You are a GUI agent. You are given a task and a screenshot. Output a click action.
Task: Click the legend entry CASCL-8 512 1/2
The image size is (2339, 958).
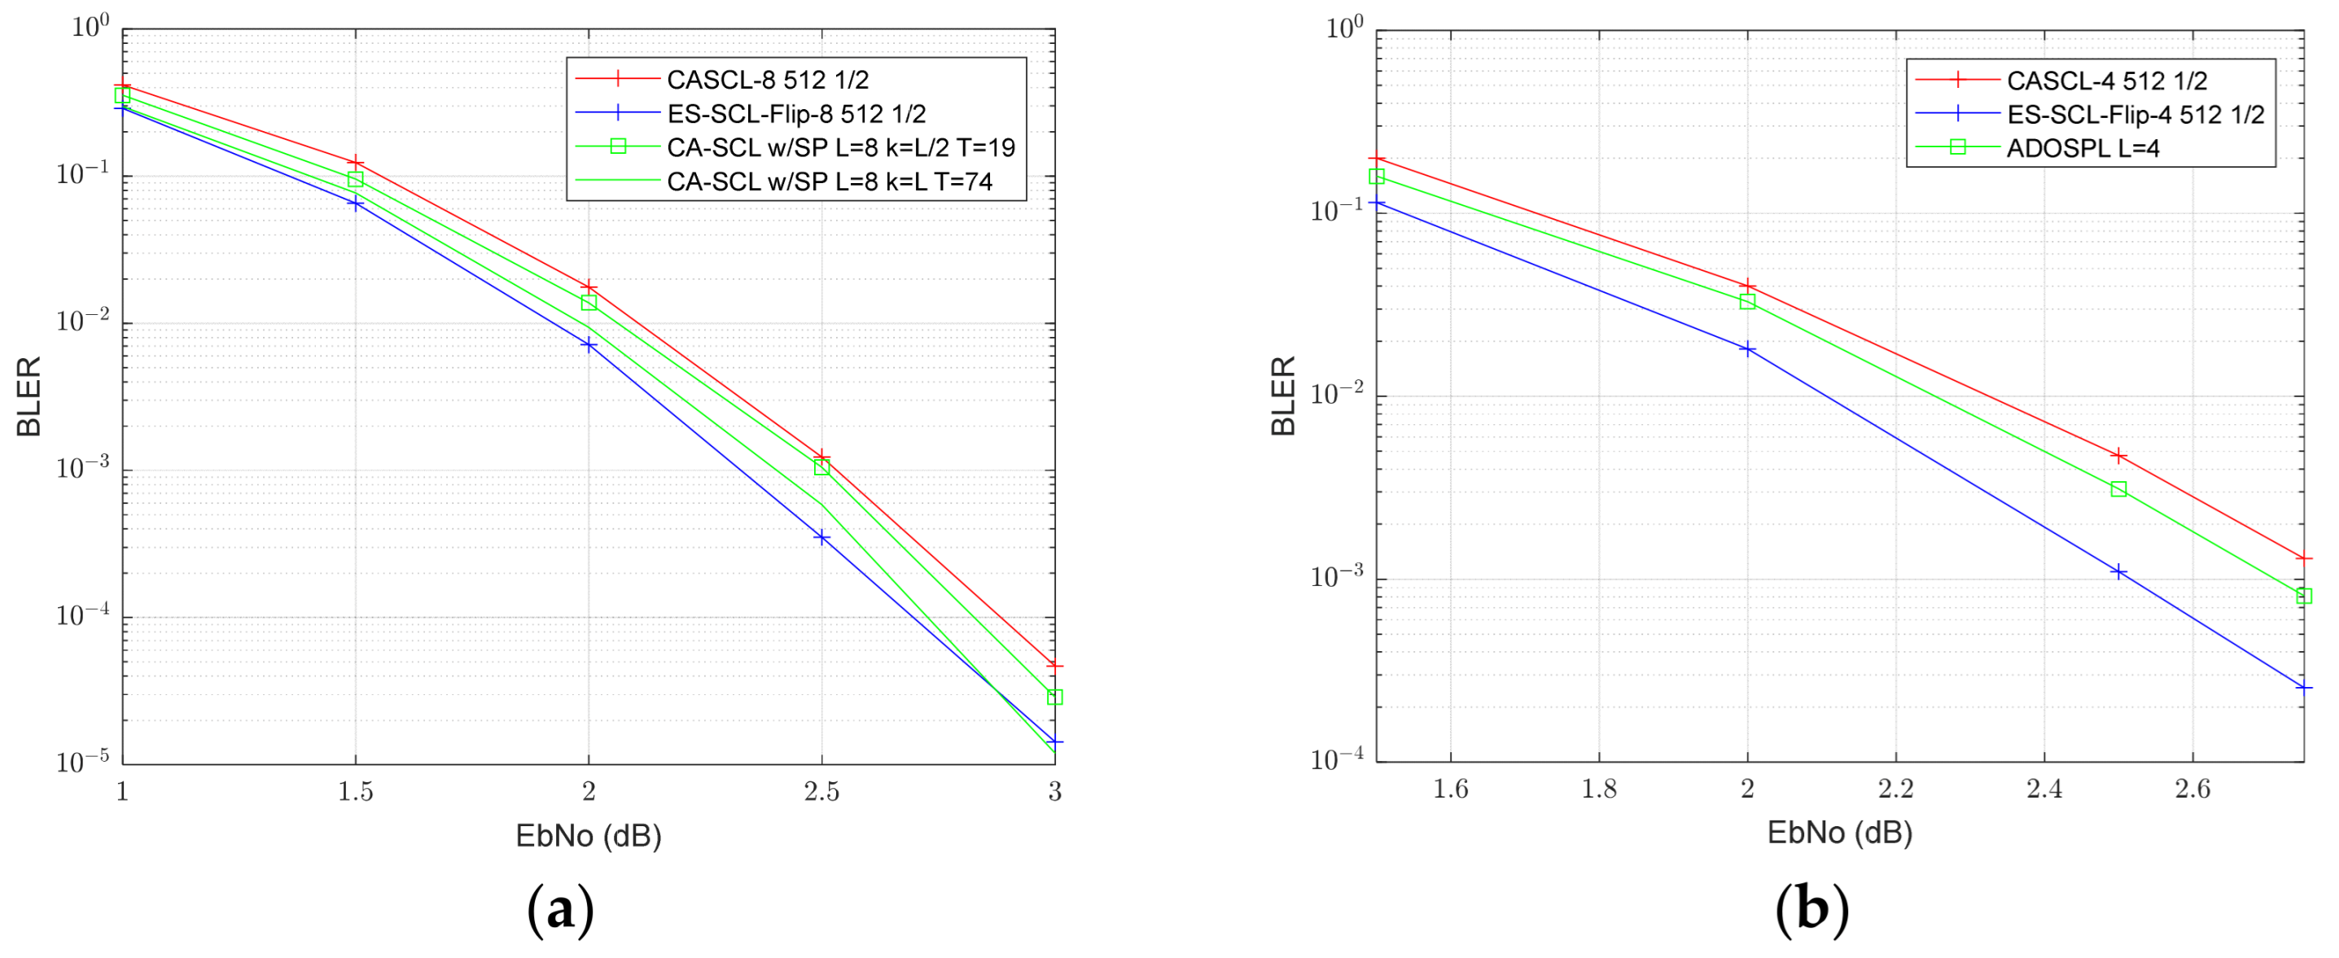[x=767, y=80]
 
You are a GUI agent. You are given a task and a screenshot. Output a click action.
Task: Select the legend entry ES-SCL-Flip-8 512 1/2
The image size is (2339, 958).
[x=795, y=113]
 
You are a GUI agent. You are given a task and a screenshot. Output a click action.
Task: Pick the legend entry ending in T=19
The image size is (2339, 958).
[x=840, y=147]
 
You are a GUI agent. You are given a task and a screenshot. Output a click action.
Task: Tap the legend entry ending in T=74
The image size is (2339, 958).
[x=829, y=182]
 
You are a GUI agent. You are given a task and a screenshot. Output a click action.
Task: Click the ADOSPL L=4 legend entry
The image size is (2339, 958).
[x=2082, y=148]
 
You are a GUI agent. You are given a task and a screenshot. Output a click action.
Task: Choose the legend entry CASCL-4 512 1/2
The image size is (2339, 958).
[x=2105, y=81]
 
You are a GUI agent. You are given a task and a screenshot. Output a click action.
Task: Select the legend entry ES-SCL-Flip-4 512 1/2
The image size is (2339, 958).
[x=2135, y=115]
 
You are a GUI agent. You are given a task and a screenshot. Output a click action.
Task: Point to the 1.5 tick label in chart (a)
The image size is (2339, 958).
[x=355, y=792]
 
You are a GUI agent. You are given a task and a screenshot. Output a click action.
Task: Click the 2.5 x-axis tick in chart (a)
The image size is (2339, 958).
[x=821, y=792]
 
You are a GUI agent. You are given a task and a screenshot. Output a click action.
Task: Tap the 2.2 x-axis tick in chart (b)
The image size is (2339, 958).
[x=1896, y=789]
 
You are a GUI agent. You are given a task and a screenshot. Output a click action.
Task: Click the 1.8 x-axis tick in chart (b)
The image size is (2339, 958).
[x=1599, y=789]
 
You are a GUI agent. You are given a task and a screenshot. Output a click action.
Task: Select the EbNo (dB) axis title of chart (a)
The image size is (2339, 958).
[x=589, y=835]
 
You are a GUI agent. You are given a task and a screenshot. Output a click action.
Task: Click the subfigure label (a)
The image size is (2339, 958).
[x=560, y=909]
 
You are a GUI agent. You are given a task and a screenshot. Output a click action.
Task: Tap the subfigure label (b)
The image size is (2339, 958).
[x=1811, y=908]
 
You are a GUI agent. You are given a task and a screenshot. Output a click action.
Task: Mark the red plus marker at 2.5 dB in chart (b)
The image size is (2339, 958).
[x=2118, y=456]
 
